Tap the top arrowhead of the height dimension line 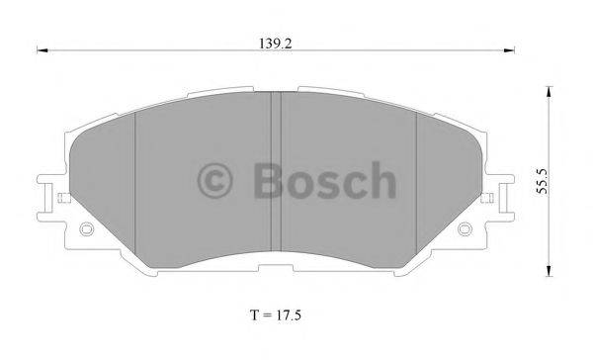[x=550, y=89]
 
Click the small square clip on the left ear [x=63, y=197]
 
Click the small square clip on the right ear [x=489, y=197]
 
